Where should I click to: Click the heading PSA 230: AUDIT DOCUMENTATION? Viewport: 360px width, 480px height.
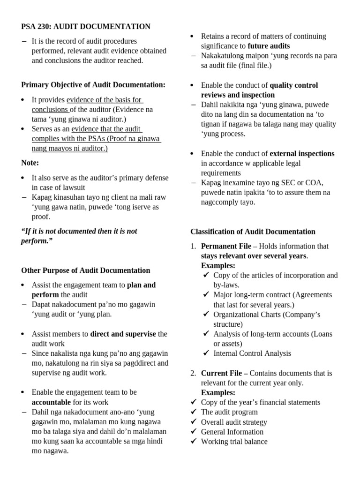[x=86, y=27]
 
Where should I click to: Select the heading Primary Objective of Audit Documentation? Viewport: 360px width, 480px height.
[x=93, y=85]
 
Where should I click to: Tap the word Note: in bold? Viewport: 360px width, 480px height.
[x=30, y=163]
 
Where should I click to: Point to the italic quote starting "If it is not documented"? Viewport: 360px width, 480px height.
[x=79, y=236]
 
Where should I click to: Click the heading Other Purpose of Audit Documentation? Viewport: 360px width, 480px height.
[x=86, y=270]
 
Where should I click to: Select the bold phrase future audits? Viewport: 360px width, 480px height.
[x=269, y=46]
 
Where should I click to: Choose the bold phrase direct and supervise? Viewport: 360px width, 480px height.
[x=123, y=334]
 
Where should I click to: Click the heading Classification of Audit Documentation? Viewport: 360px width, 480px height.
[x=253, y=232]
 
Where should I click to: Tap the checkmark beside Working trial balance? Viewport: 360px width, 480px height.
[x=194, y=441]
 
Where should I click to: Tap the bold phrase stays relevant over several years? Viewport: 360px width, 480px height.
[x=254, y=256]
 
